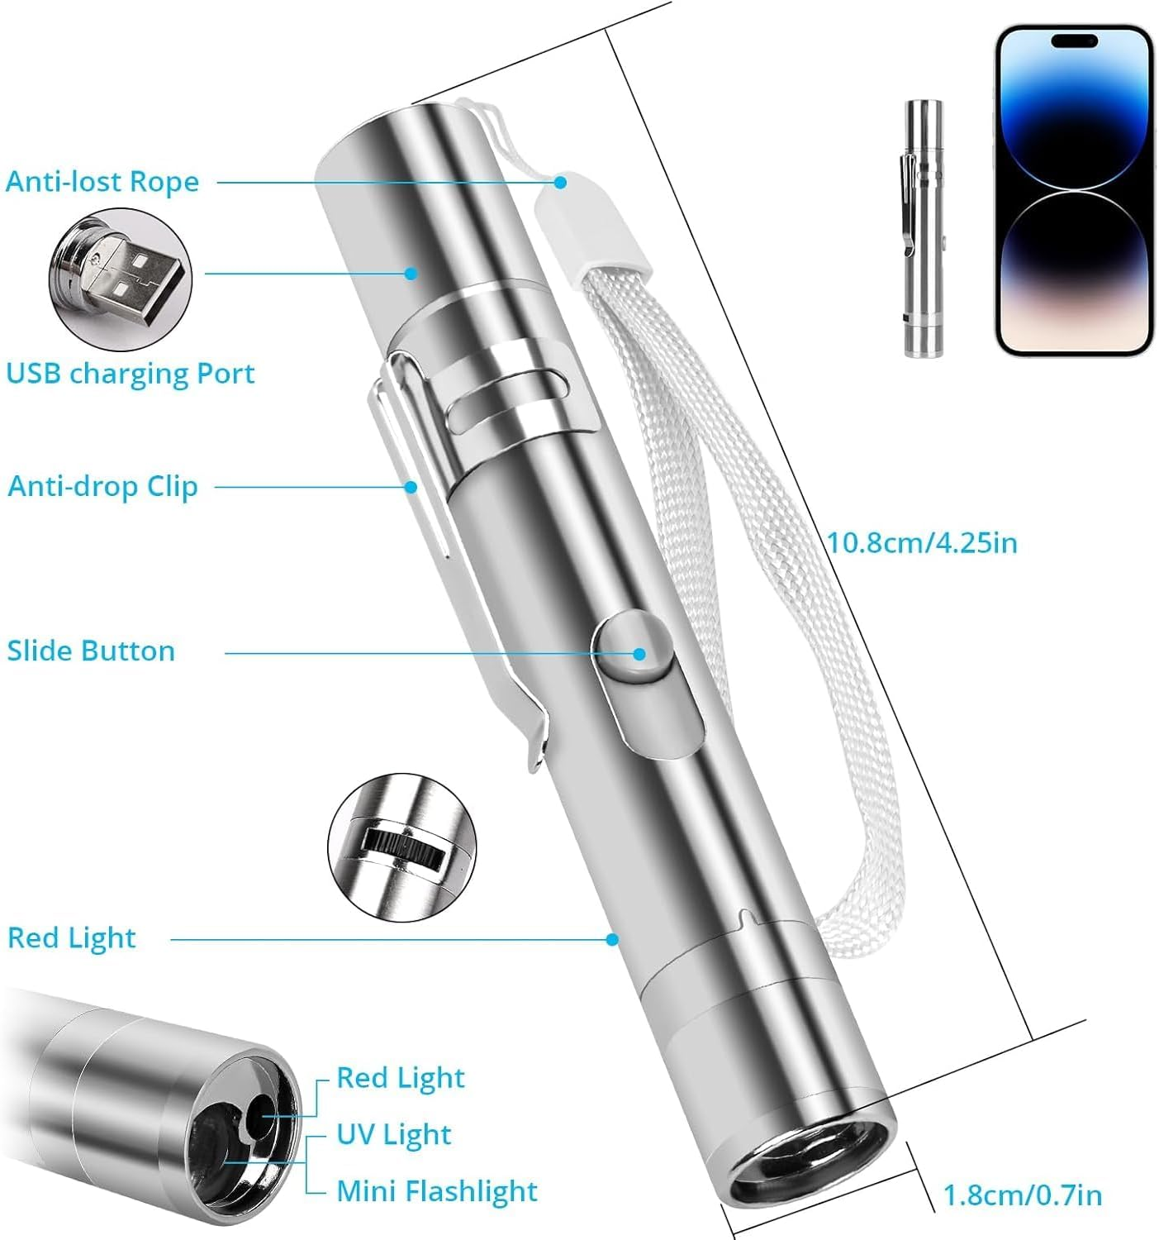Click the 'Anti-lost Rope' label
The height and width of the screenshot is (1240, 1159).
[102, 182]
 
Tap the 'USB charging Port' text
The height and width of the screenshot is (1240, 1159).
[131, 374]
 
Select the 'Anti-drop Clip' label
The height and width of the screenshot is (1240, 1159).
[103, 486]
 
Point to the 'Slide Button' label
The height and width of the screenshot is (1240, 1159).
[91, 651]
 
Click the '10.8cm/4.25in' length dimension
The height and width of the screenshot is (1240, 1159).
[922, 543]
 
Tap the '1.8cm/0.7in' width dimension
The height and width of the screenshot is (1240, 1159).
[1023, 1195]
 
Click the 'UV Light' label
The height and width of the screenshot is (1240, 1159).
[394, 1135]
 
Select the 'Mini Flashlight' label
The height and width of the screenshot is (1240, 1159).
[437, 1191]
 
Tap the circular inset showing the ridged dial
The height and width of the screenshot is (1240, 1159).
[401, 845]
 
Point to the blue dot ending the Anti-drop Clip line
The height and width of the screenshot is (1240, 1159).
[411, 487]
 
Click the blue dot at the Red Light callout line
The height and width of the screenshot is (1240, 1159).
[612, 939]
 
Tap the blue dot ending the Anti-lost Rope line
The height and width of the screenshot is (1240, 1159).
[561, 182]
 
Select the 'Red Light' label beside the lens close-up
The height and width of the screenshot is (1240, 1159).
[401, 1078]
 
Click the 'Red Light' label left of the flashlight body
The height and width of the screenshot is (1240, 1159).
[72, 938]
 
